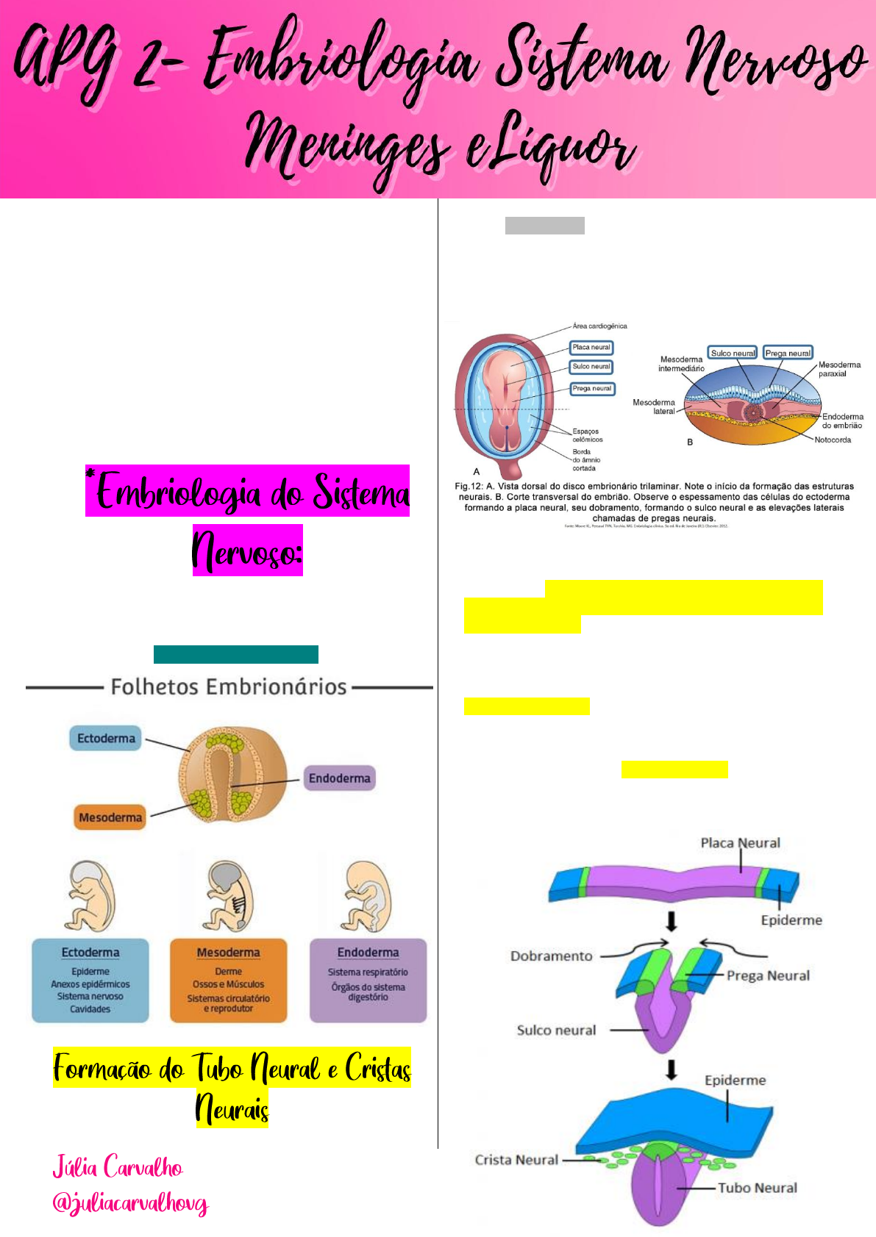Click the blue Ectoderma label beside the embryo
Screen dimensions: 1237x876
[106, 738]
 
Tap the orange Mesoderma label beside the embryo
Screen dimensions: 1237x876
[110, 817]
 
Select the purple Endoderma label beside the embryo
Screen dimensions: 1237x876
[339, 778]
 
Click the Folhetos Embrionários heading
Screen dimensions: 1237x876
[229, 687]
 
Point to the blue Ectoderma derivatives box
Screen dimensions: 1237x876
[90, 980]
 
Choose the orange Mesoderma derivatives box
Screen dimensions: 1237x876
[228, 980]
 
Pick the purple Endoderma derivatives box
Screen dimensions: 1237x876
[368, 980]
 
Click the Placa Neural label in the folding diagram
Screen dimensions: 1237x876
[740, 843]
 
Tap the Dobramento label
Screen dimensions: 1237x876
[552, 956]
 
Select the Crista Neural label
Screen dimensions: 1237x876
[516, 1160]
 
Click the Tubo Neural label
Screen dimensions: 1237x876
[757, 1188]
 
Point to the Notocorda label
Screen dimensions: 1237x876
[833, 440]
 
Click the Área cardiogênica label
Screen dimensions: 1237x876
[599, 326]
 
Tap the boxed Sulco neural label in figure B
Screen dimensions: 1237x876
[733, 354]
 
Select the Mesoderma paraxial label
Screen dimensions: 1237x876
[838, 369]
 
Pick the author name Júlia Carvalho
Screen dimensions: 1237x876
[118, 1167]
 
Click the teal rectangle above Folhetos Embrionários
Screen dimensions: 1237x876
[235, 654]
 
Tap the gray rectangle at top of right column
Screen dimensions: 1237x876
[544, 226]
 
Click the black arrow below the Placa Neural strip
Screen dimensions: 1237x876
[671, 921]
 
